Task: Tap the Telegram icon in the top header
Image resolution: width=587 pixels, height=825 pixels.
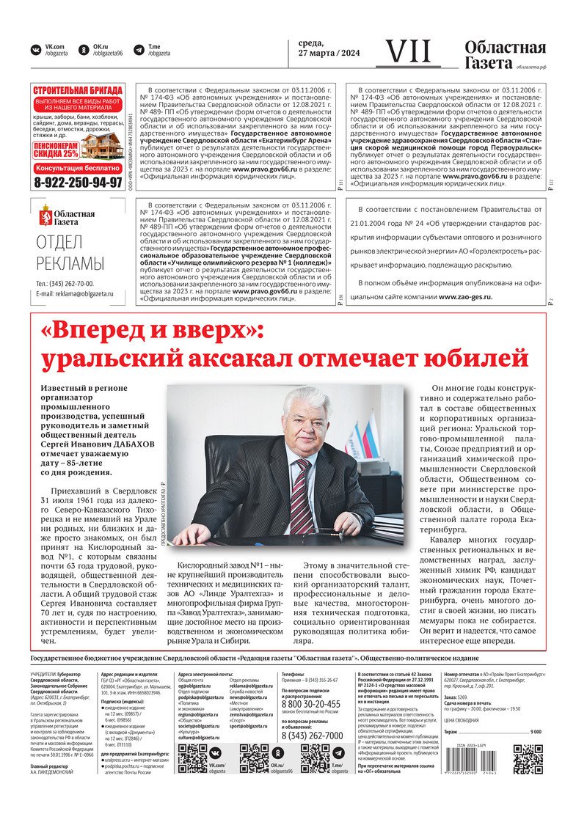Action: coord(139,50)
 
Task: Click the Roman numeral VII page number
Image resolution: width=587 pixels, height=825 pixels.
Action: coord(409,51)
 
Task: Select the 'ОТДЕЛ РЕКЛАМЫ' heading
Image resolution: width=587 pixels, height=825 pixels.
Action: coord(70,254)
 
